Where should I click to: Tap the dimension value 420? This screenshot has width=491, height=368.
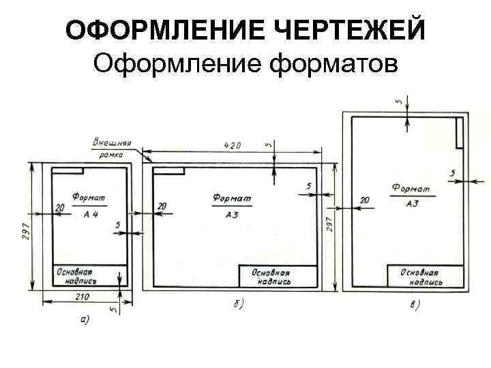[232, 145]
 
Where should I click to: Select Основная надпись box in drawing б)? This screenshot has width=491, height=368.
[277, 276]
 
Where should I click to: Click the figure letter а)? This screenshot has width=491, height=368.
[85, 318]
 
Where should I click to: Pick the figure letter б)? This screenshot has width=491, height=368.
[238, 303]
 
